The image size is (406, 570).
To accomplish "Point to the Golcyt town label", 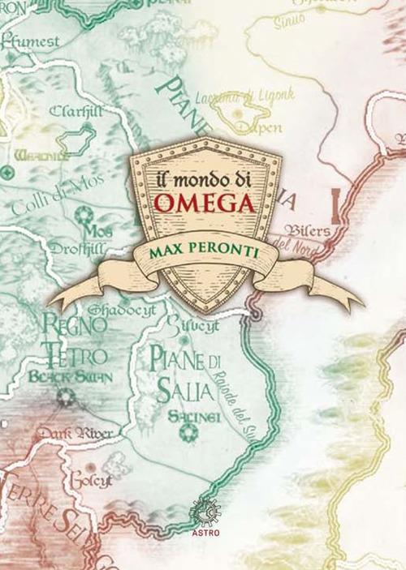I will [89, 479].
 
